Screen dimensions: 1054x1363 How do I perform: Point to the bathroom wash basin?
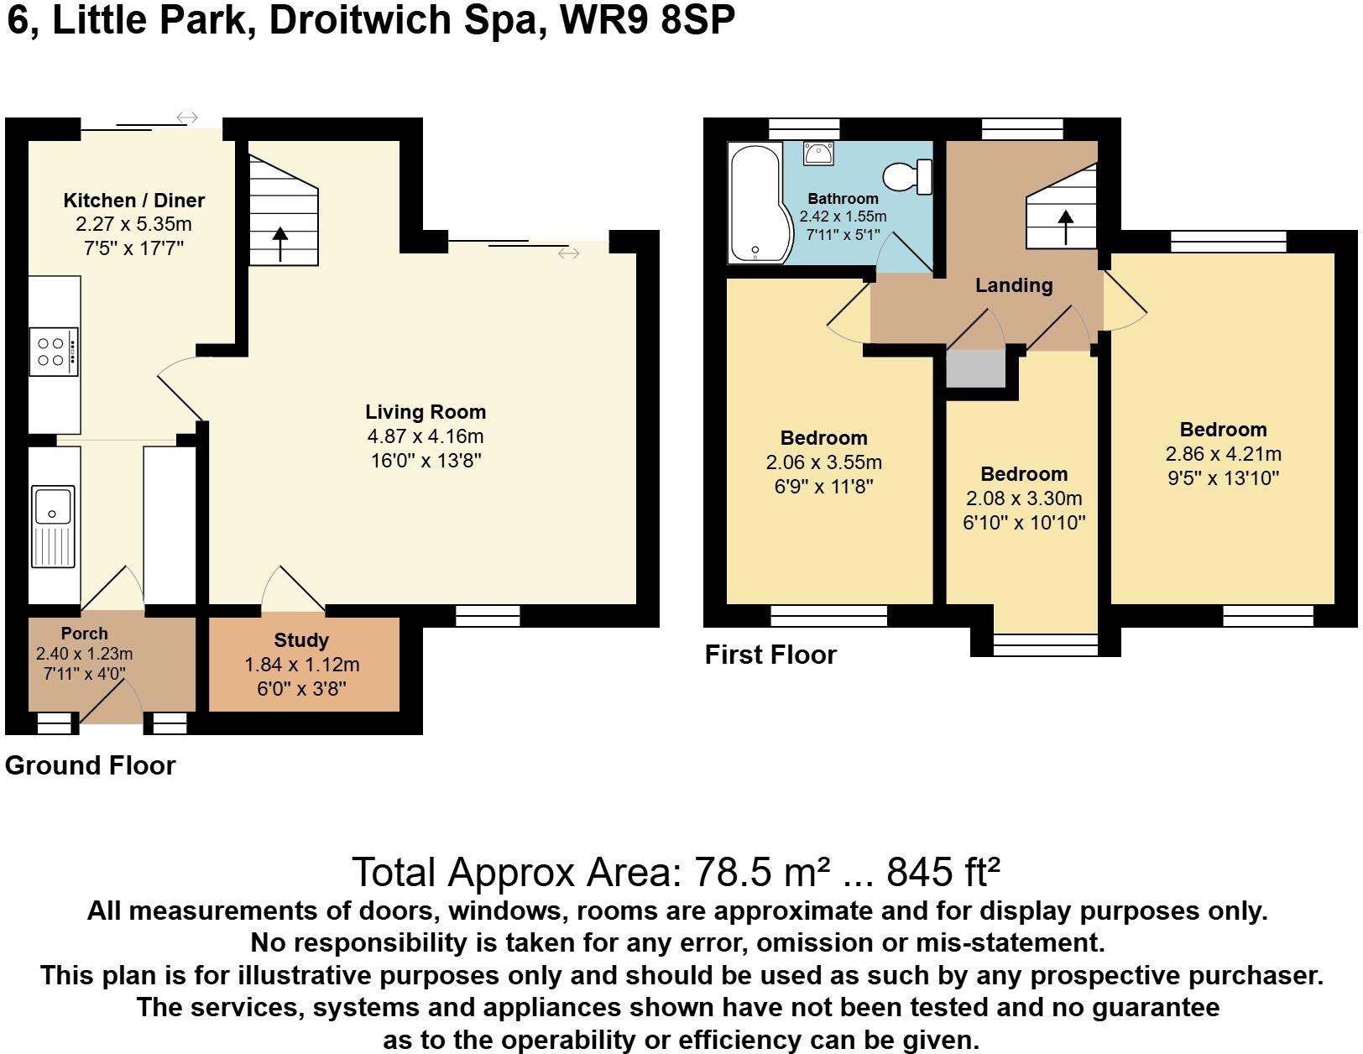(817, 154)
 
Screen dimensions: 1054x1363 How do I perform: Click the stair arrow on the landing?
(1066, 227)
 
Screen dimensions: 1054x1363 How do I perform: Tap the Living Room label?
(426, 412)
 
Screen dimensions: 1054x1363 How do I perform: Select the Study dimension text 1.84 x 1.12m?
(301, 665)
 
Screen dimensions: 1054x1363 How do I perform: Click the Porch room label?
(84, 634)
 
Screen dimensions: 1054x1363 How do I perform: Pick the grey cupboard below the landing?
(976, 369)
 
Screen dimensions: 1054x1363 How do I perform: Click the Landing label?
(1014, 285)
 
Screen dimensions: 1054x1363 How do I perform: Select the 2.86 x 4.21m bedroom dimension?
(1223, 454)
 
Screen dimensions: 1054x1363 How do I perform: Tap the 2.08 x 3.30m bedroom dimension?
(1024, 498)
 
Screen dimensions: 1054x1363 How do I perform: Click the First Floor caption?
(770, 655)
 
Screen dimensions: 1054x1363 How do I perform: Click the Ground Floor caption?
(90, 765)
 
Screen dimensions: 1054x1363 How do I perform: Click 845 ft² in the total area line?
(943, 872)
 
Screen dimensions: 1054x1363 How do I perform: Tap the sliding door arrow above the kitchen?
(187, 117)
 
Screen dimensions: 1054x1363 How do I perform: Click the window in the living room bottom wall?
(488, 617)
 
